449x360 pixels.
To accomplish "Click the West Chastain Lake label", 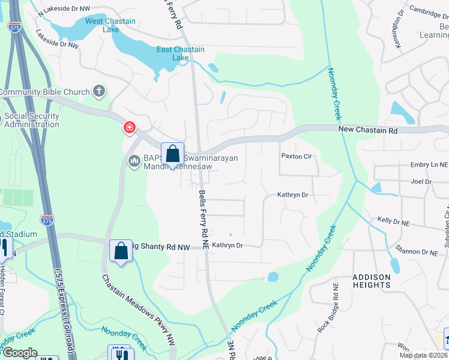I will pos(110,25).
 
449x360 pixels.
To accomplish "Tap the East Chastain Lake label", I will pos(181,53).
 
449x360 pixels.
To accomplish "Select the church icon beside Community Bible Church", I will pos(99,92).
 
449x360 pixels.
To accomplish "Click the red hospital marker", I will pos(129,127).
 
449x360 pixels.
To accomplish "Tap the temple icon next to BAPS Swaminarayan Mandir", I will pos(134,158).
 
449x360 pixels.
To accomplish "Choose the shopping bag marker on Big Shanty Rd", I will pos(121,251).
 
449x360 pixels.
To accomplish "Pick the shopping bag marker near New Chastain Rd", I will pos(172,154).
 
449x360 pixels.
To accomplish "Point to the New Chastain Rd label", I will pos(368,130).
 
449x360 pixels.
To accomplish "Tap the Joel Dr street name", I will pos(421,181).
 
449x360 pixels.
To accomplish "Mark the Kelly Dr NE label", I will pos(393,221).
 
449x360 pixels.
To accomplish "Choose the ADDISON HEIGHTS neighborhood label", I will pos(372,281).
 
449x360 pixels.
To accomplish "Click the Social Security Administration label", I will pos(32,121).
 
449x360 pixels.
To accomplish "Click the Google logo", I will pos(19,353).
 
